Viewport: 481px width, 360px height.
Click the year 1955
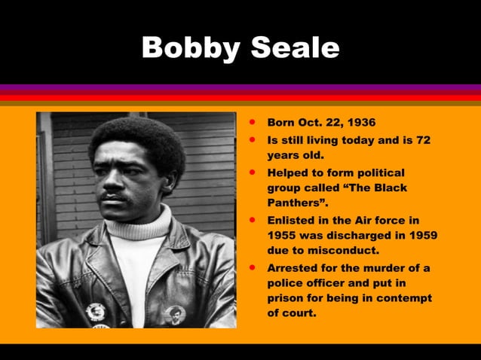click(283, 235)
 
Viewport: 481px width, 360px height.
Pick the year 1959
click(421, 235)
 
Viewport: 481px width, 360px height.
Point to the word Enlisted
click(293, 220)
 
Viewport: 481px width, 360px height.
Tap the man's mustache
click(113, 197)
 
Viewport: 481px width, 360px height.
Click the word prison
click(286, 298)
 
